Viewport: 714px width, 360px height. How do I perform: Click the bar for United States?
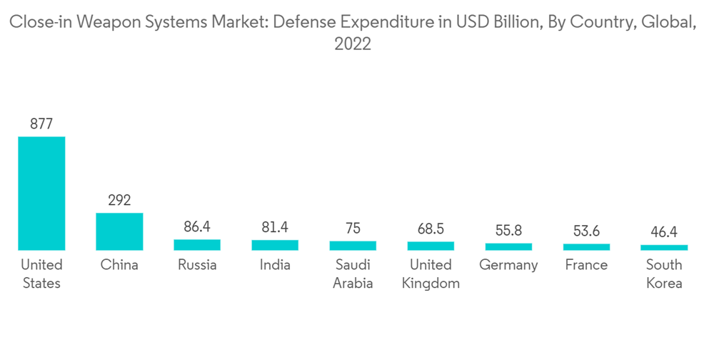41,193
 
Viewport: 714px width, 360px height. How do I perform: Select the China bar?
119,231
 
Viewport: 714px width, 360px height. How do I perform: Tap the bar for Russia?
197,245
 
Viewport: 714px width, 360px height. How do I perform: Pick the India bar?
275,245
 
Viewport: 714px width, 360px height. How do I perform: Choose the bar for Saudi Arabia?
353,246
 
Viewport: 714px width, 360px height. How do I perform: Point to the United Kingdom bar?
431,246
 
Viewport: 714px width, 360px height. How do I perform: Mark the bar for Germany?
508,246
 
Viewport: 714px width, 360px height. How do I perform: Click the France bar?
586,247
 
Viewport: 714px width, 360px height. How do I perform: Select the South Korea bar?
664,248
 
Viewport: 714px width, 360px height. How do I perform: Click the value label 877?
41,124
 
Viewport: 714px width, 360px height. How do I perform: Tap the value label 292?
119,200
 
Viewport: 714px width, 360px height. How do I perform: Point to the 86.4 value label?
197,227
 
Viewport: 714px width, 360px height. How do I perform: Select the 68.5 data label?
431,229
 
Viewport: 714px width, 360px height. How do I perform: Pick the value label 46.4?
664,232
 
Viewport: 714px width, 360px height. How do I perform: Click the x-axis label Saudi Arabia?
353,274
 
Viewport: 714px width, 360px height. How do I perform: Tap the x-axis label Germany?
508,265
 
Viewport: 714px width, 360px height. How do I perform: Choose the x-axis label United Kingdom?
431,274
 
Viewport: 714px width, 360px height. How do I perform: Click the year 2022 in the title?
353,44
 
